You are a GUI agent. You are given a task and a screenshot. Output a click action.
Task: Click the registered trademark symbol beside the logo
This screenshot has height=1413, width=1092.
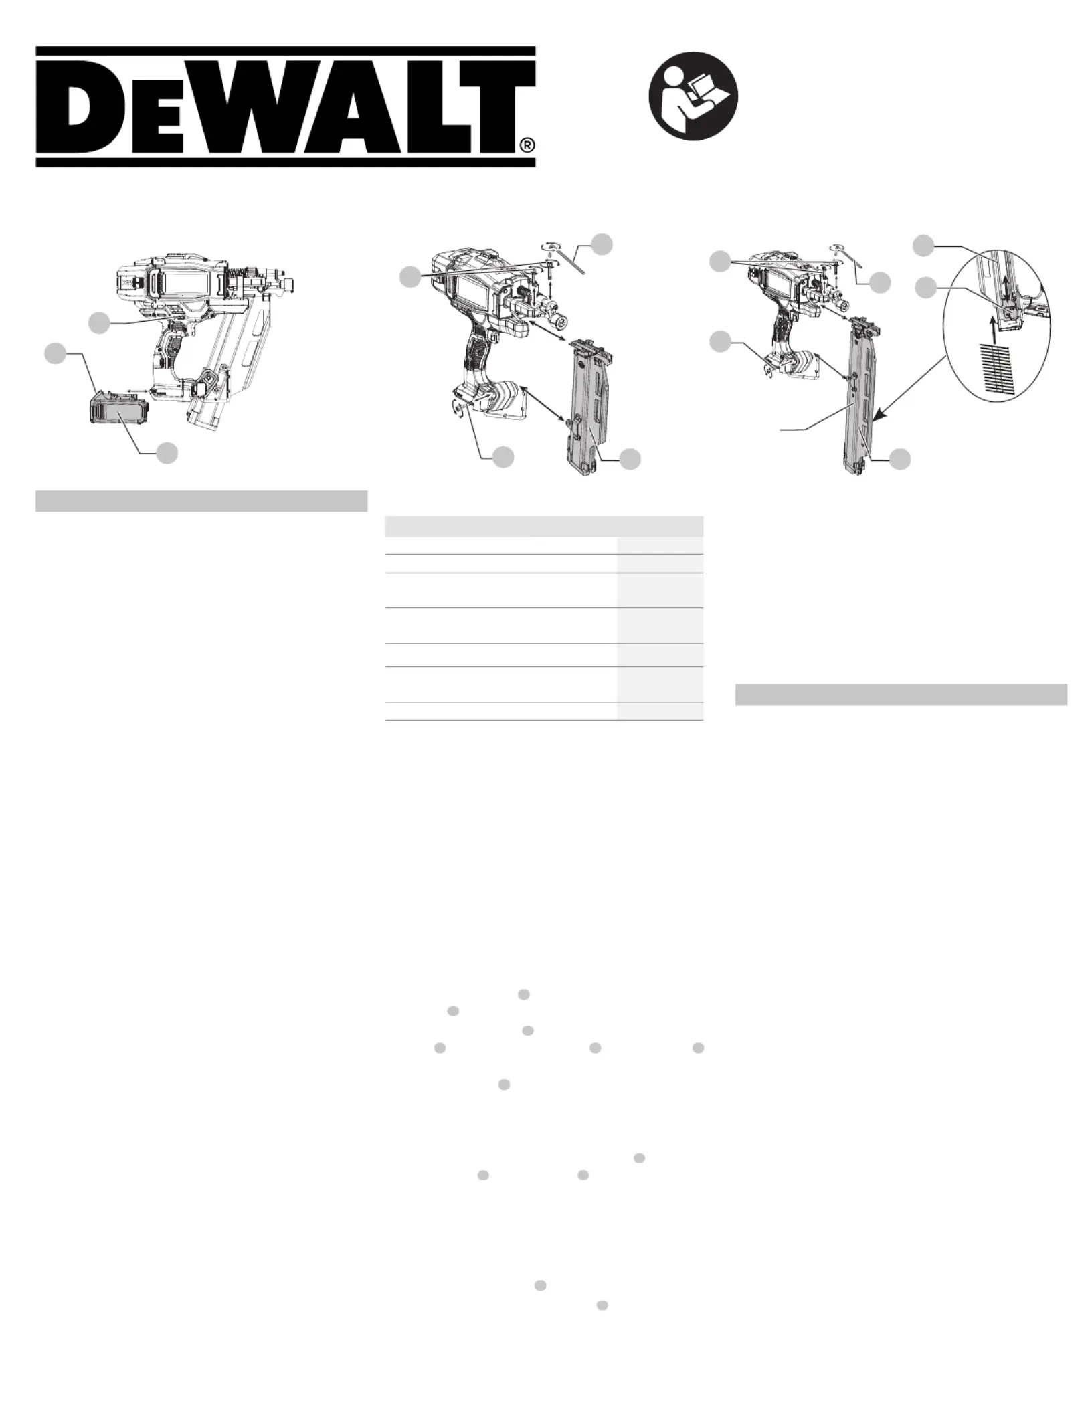tap(528, 145)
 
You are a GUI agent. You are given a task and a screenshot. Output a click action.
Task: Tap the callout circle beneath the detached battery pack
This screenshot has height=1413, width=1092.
tap(167, 453)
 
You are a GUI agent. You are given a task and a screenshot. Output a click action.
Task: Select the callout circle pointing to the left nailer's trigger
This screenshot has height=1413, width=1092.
tap(99, 322)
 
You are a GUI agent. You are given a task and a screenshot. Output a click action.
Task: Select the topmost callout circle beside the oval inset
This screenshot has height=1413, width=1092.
tap(924, 246)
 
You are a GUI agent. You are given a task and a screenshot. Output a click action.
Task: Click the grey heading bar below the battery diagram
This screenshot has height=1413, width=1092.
tap(201, 501)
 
